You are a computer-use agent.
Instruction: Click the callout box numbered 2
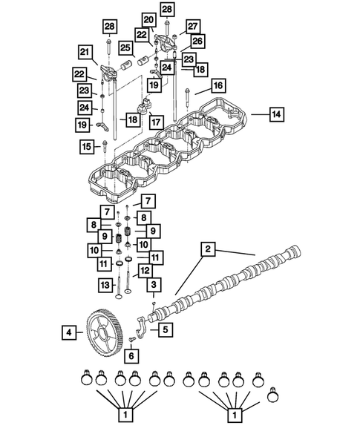(x=209, y=250)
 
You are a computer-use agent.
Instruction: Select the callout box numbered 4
(x=68, y=333)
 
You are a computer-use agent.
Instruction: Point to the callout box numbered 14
(x=275, y=114)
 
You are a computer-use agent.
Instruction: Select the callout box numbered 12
(x=145, y=271)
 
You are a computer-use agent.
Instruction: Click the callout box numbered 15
(x=86, y=148)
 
